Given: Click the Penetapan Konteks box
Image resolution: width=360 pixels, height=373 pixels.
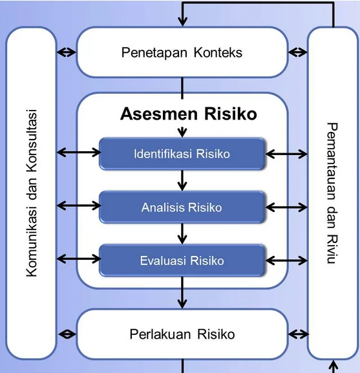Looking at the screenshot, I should click(x=182, y=52).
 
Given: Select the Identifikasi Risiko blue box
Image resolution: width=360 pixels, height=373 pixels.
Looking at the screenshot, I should click(x=182, y=154).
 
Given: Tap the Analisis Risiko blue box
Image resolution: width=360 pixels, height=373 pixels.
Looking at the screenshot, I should click(x=182, y=208).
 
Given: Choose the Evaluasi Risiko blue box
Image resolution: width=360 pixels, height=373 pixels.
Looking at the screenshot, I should click(x=182, y=261).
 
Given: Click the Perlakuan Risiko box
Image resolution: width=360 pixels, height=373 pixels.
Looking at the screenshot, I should click(x=182, y=334).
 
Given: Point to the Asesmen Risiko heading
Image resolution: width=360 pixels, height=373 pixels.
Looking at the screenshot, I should click(x=188, y=114).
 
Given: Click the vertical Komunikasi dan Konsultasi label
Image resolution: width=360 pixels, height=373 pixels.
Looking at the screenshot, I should click(x=31, y=193).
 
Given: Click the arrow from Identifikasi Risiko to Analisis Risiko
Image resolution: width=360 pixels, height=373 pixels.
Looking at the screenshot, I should click(x=182, y=180).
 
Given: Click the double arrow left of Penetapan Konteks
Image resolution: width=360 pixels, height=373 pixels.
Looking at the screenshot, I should click(x=67, y=52).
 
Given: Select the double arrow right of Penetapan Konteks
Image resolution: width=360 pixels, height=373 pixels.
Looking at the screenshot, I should click(x=297, y=52).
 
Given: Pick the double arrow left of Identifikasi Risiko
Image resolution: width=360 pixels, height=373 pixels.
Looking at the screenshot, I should click(x=78, y=153).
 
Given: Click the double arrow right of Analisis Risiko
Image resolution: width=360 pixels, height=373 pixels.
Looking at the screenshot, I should click(x=286, y=207).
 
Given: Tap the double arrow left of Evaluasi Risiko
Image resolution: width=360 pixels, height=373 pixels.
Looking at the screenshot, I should click(x=78, y=260).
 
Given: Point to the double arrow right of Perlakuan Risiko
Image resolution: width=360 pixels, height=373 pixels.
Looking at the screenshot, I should click(x=297, y=335).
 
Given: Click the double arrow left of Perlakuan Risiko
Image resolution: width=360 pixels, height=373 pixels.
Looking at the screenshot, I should click(x=67, y=335).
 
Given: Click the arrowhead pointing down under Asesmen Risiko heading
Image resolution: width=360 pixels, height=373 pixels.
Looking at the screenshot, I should click(x=182, y=133).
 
